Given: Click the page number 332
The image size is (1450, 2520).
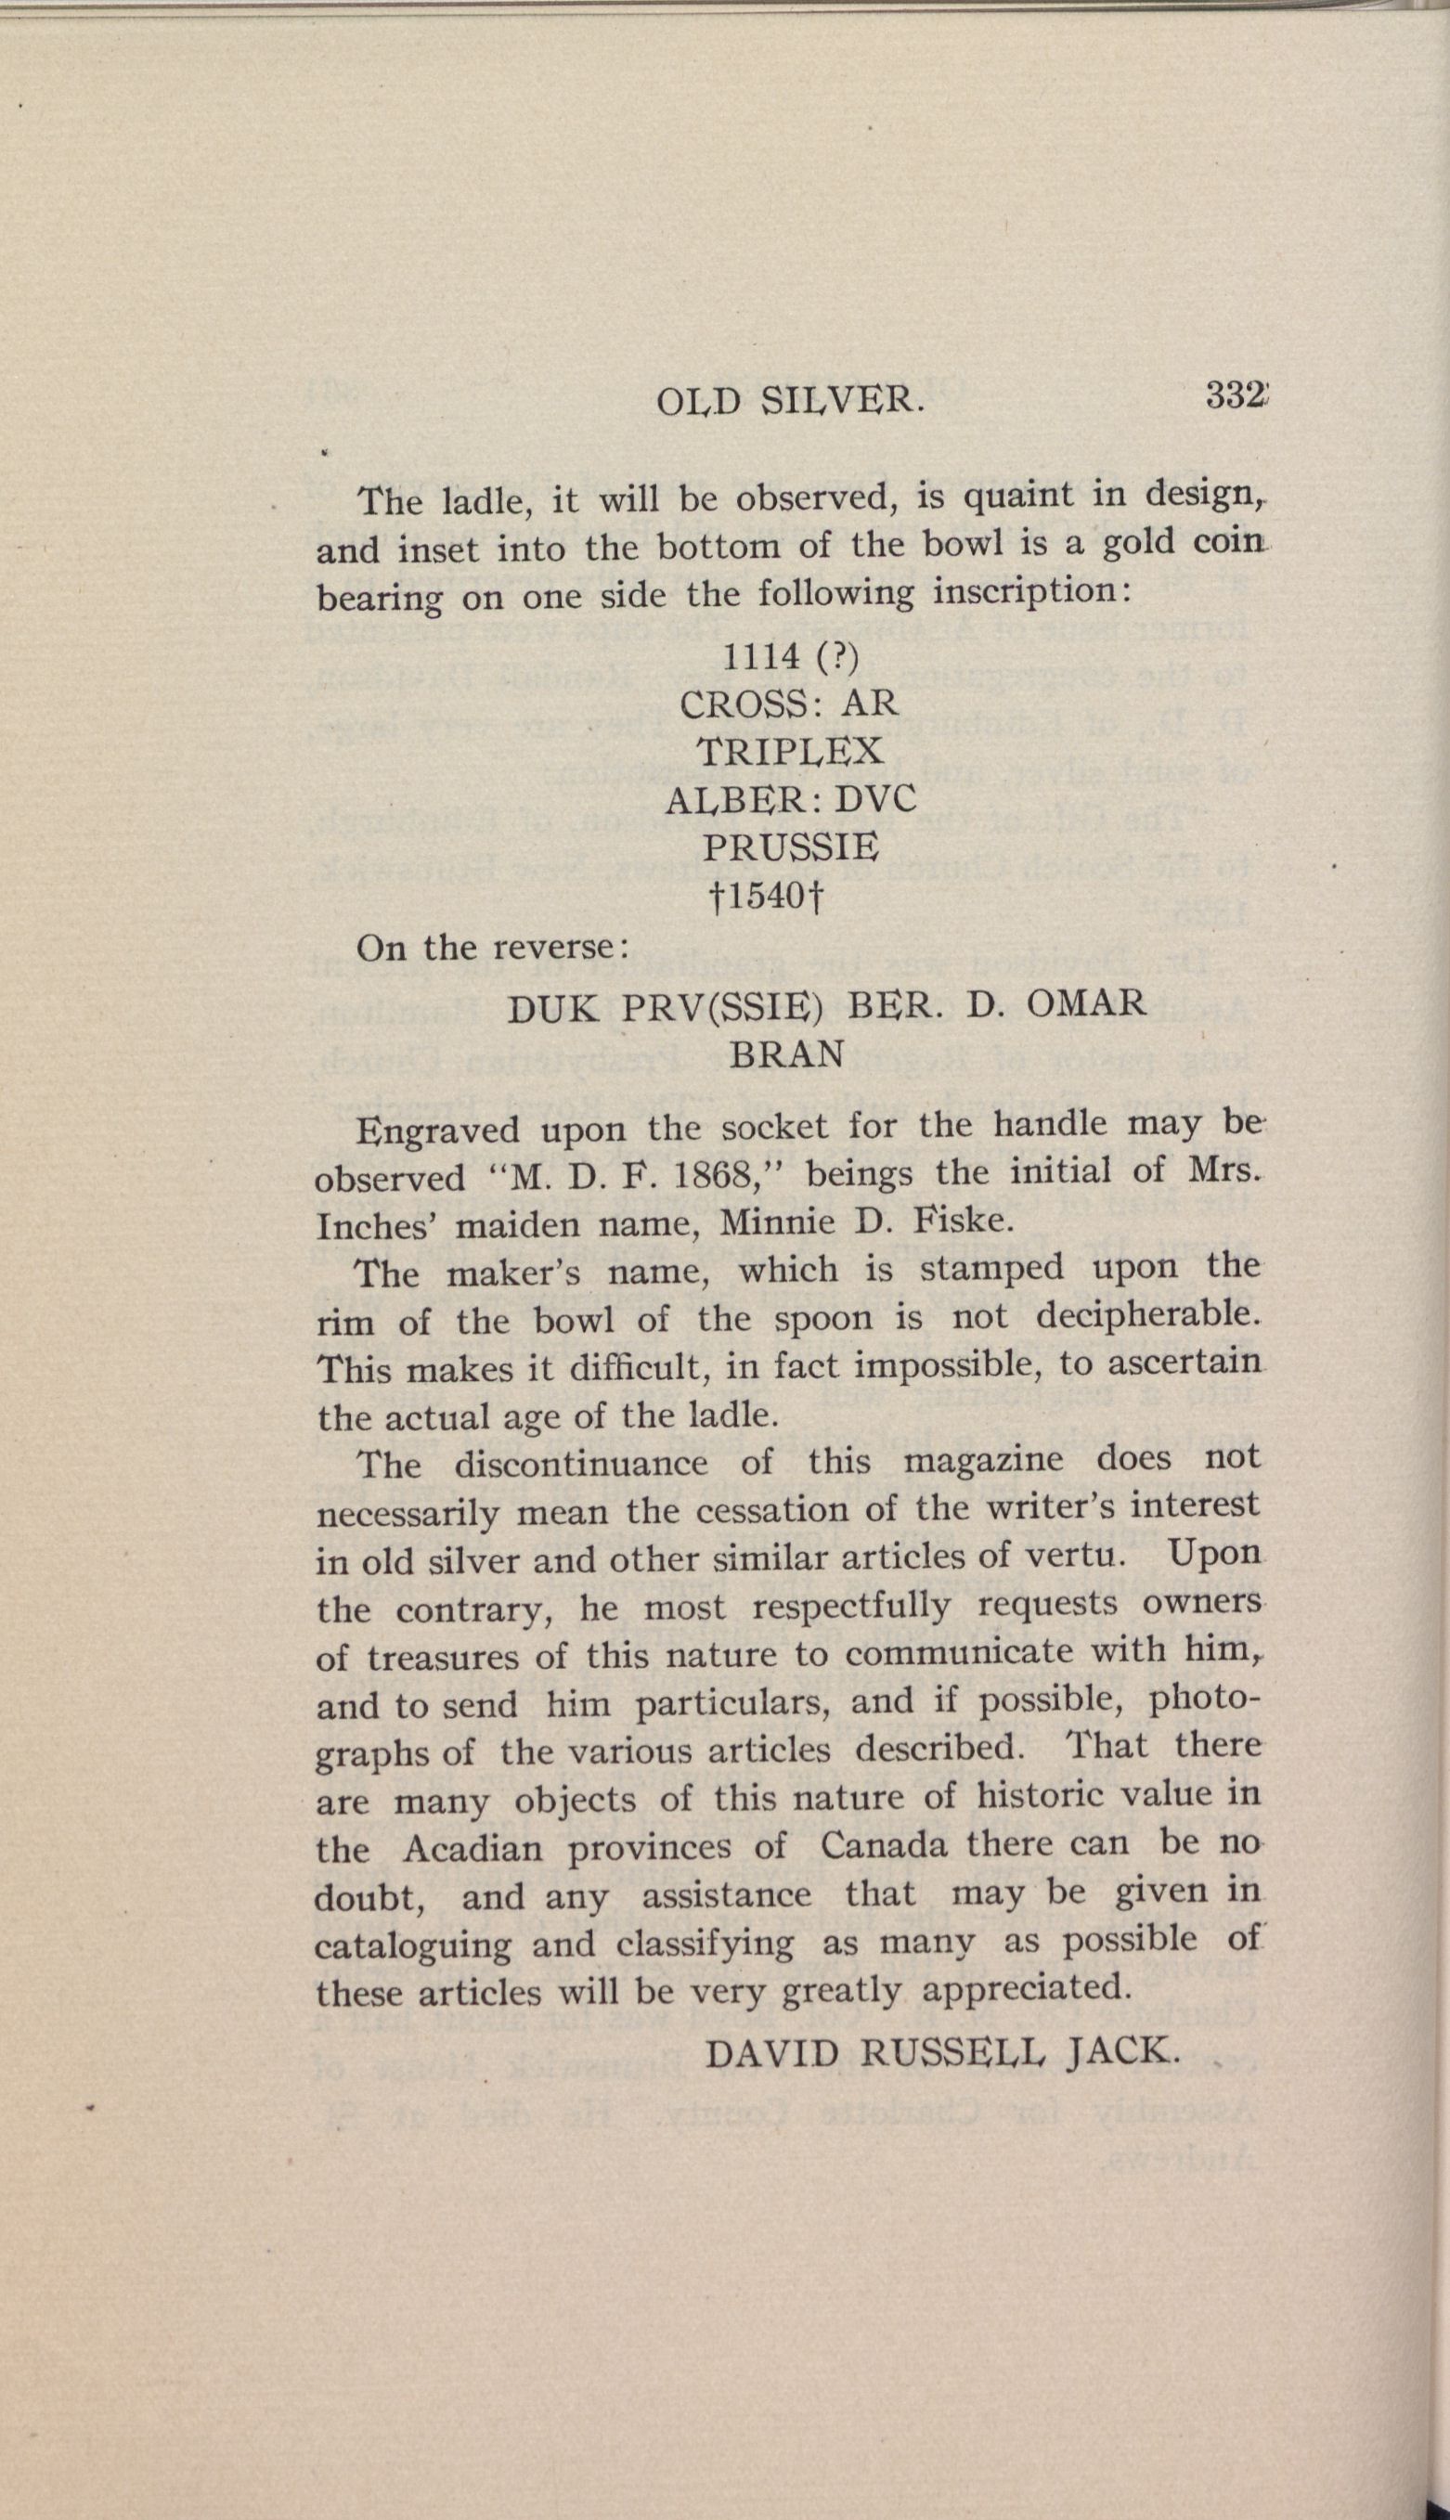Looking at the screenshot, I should click(x=1235, y=395).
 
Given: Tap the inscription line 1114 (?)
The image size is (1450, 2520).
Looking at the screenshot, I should click(x=789, y=656).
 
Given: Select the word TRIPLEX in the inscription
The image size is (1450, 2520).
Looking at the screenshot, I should click(x=789, y=752).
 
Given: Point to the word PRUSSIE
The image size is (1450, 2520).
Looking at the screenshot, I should click(x=791, y=847).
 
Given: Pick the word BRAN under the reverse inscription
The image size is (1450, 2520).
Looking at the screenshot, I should click(x=787, y=1053).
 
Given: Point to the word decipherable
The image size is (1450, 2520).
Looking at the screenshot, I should click(x=1148, y=1317).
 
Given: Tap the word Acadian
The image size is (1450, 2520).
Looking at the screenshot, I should click(x=473, y=1849).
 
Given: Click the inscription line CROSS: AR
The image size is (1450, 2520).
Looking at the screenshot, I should click(x=789, y=704).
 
